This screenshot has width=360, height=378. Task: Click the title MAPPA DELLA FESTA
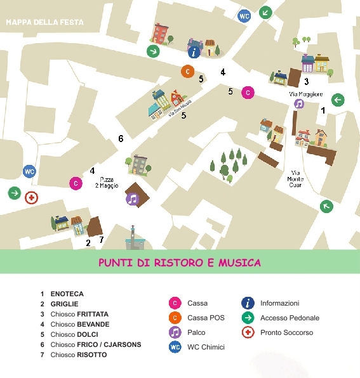(x=44, y=22)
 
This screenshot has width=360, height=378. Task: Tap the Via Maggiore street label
(x=306, y=94)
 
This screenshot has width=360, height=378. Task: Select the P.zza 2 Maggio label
(x=106, y=182)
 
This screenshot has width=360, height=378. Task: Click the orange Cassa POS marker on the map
(x=187, y=71)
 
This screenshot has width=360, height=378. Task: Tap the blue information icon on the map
(x=195, y=51)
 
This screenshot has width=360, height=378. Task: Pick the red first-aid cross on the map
(x=30, y=198)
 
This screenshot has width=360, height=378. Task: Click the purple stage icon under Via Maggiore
(x=299, y=104)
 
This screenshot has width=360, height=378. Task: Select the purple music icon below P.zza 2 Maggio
(x=132, y=199)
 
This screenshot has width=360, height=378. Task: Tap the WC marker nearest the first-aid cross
(x=29, y=171)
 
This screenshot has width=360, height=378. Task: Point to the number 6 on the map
(x=121, y=138)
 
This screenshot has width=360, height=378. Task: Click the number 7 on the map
(x=101, y=240)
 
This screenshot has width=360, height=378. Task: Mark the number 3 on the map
(x=306, y=81)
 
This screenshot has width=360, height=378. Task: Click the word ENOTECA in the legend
(x=67, y=294)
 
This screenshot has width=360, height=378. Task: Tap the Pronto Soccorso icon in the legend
(x=248, y=332)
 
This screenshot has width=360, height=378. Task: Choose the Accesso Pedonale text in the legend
(x=290, y=318)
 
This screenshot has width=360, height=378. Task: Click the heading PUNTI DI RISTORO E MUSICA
(x=180, y=263)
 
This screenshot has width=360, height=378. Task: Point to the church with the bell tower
(x=133, y=238)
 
